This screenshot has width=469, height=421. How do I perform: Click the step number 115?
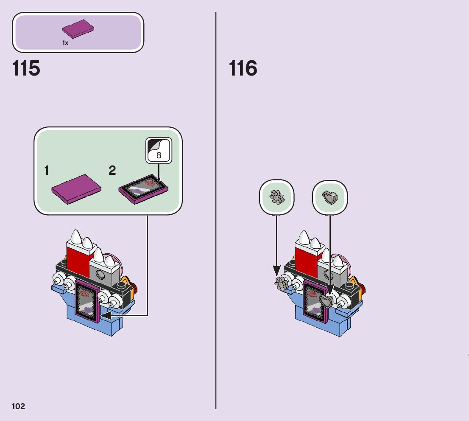pyautogui.click(x=26, y=69)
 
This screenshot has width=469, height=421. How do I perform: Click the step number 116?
pyautogui.click(x=243, y=69)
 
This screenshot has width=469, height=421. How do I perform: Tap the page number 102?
pyautogui.click(x=18, y=407)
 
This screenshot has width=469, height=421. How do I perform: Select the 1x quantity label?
pyautogui.click(x=65, y=43)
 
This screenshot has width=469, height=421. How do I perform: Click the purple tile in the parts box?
pyautogui.click(x=78, y=29)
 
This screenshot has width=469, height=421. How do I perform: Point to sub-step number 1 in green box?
pyautogui.click(x=46, y=171)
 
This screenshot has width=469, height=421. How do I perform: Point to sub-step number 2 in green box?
pyautogui.click(x=112, y=171)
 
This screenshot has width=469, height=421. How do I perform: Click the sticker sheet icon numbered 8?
pyautogui.click(x=159, y=151)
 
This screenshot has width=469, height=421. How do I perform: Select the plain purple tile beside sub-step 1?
pyautogui.click(x=76, y=188)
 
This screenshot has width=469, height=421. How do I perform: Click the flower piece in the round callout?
pyautogui.click(x=276, y=197)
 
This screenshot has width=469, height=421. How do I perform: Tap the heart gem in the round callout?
pyautogui.click(x=330, y=197)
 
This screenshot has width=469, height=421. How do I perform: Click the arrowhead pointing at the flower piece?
pyautogui.click(x=276, y=270)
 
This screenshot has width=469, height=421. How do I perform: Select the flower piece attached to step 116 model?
pyautogui.click(x=282, y=283)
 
